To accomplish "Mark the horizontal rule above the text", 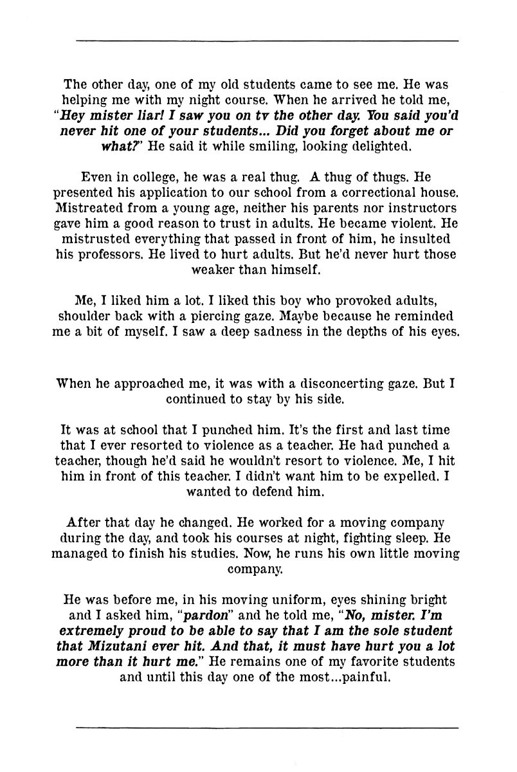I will tap(267, 41).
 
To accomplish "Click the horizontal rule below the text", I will tap(267, 728).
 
